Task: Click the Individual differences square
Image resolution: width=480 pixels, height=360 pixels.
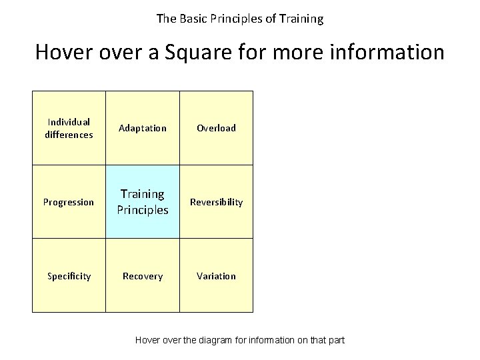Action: coord(69,128)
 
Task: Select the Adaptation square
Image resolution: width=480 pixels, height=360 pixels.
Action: coord(143,128)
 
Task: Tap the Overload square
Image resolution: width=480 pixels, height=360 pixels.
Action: coord(216,128)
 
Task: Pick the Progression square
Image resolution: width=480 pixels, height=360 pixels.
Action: coord(69,202)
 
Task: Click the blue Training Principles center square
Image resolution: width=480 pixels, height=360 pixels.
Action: coord(143,202)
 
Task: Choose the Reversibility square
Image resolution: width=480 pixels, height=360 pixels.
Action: coord(216,202)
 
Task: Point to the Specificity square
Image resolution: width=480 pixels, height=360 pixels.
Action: coord(69,276)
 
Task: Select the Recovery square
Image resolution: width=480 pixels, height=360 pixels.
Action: coord(143,276)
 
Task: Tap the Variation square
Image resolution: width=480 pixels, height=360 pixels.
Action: coord(216,276)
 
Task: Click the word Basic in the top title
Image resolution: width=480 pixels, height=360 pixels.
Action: coord(191,19)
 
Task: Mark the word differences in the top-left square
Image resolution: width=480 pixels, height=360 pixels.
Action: coord(69,135)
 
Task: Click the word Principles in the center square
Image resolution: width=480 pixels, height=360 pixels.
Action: coord(143,210)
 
